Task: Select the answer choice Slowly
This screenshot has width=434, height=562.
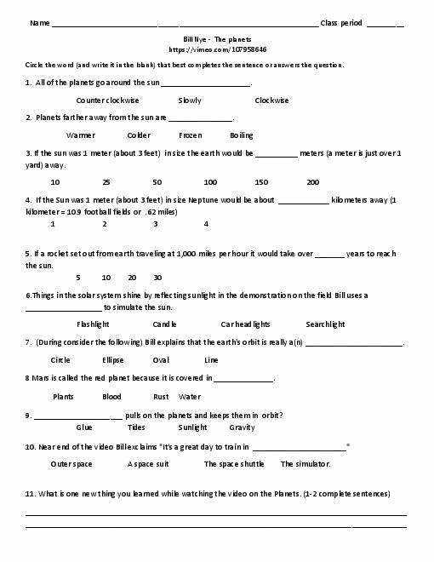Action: [x=190, y=100]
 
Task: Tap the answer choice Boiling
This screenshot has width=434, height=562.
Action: [x=241, y=135]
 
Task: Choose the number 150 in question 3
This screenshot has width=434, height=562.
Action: [x=261, y=182]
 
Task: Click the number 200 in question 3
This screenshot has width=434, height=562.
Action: [x=312, y=182]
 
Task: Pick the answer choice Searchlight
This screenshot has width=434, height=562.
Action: [x=325, y=324]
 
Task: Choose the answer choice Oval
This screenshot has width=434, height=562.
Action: [x=161, y=360]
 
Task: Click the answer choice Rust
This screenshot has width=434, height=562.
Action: [x=161, y=397]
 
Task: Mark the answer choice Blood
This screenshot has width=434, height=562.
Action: [x=111, y=397]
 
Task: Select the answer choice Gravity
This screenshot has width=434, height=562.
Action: [x=242, y=427]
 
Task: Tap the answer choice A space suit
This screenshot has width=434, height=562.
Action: [x=148, y=464]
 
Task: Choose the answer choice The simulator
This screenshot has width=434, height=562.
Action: [x=306, y=464]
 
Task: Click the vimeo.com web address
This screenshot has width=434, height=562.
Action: [x=217, y=50]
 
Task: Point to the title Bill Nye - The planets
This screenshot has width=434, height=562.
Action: [x=217, y=40]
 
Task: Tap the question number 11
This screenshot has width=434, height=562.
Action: [x=30, y=494]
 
